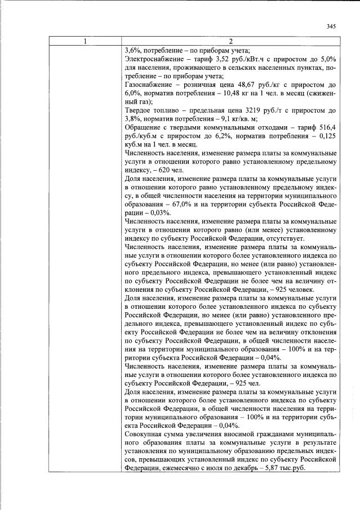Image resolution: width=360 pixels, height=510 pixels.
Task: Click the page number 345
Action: [x=331, y=26]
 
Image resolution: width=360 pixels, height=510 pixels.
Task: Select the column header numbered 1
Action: [x=85, y=41]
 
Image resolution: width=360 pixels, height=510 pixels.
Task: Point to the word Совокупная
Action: [x=145, y=435]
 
